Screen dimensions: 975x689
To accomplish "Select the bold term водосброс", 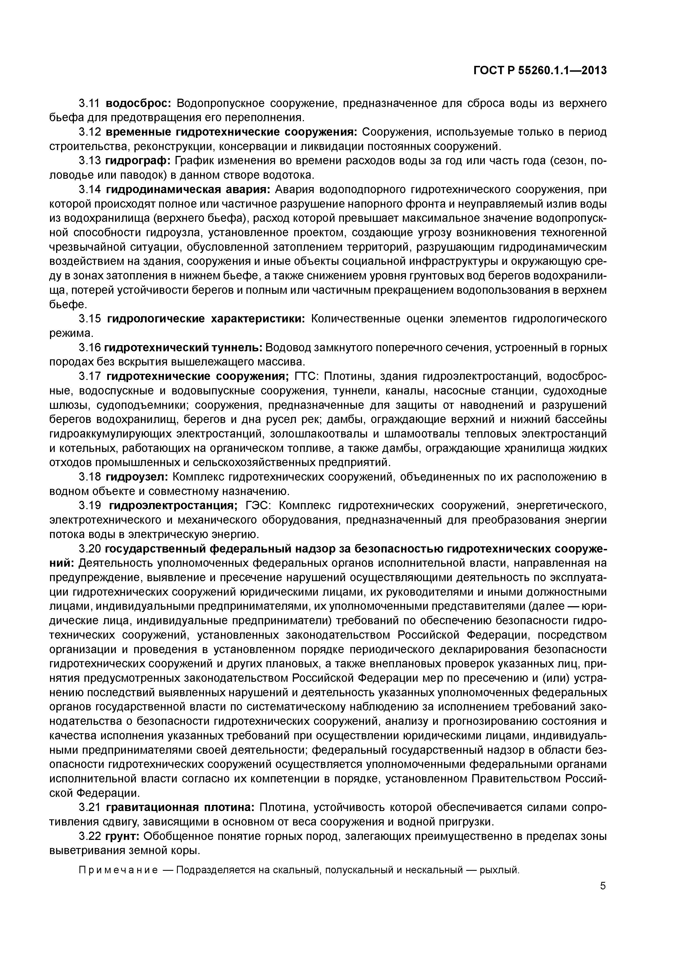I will pyautogui.click(x=138, y=103).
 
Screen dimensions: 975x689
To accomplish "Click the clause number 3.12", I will pyautogui.click(x=89, y=132).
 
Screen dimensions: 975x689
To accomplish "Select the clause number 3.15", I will pyautogui.click(x=89, y=319).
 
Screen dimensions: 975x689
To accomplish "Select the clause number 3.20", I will pyautogui.click(x=89, y=549).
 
